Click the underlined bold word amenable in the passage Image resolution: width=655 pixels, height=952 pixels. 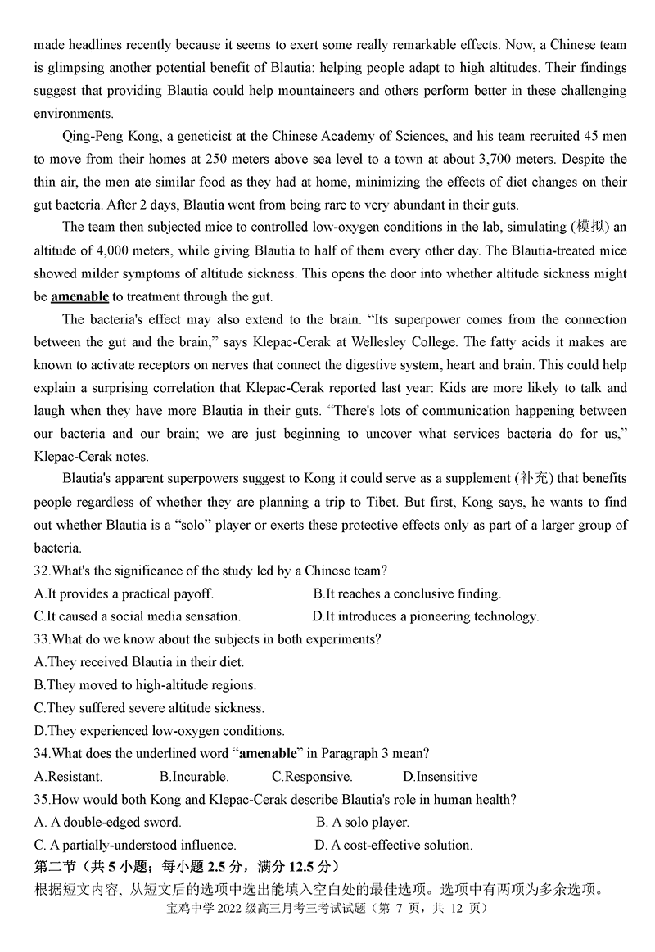click(79, 296)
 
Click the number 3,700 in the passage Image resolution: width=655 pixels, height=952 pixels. click(467, 159)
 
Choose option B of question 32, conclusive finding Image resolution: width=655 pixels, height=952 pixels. click(407, 593)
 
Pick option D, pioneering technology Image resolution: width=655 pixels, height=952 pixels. click(426, 616)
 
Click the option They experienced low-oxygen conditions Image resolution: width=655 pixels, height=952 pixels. click(160, 731)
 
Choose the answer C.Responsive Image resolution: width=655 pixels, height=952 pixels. click(312, 777)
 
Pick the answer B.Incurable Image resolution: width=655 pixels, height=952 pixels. click(194, 777)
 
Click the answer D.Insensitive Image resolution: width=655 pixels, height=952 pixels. click(440, 777)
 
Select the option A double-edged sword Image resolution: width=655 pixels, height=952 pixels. click(108, 822)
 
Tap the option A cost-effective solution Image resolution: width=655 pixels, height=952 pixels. click(393, 845)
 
